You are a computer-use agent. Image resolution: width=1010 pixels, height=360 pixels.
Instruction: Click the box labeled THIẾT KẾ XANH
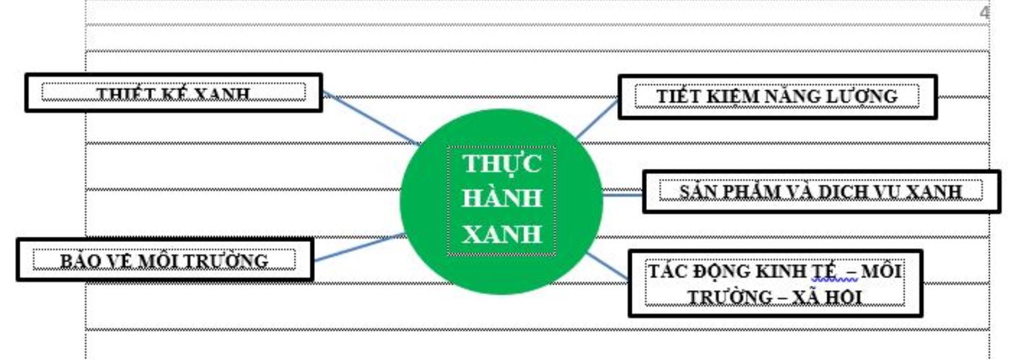[173, 93]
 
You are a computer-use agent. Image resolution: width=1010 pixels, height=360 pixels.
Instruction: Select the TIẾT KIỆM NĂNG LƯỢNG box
[776, 97]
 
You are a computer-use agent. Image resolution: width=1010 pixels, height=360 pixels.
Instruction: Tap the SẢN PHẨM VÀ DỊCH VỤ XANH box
[820, 191]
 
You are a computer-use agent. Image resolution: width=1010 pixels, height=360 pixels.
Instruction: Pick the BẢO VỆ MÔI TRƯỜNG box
[164, 260]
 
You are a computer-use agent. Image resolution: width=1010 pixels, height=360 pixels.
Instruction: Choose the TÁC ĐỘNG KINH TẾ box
[774, 283]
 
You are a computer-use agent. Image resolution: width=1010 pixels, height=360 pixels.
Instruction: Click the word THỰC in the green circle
[502, 164]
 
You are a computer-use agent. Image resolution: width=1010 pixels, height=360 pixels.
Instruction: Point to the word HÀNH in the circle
[502, 198]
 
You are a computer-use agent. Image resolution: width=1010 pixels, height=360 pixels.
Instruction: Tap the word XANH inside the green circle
[502, 234]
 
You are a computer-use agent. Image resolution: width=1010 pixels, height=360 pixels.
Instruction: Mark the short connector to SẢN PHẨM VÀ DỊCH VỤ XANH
[622, 194]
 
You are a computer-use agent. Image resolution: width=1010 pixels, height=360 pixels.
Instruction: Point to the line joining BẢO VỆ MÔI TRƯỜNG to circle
[359, 248]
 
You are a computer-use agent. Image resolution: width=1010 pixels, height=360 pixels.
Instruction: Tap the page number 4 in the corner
[985, 13]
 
